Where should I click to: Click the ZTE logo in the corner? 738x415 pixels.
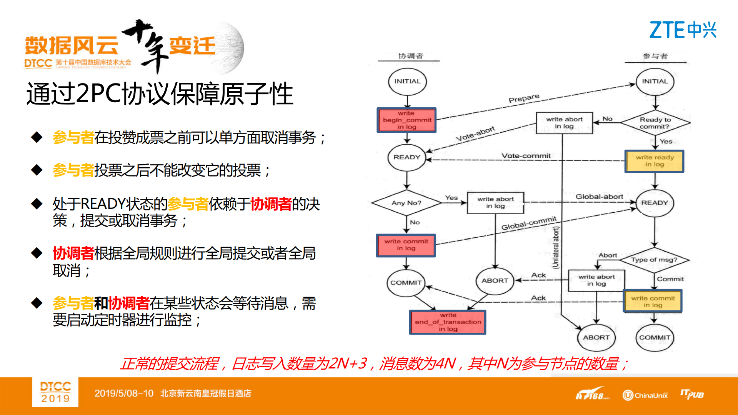tap(683, 30)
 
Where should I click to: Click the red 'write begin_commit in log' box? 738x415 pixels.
tap(406, 120)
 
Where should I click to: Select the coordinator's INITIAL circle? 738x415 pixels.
tap(407, 82)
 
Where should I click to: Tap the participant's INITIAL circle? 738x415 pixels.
tap(655, 82)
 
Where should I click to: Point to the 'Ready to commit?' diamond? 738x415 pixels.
tap(655, 123)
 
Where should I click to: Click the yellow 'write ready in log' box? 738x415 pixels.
tap(654, 161)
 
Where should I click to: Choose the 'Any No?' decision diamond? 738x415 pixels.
tap(406, 203)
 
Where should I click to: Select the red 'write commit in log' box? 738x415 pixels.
tap(406, 245)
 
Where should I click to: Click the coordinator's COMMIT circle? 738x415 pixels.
tap(406, 283)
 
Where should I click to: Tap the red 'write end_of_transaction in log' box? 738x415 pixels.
tap(448, 322)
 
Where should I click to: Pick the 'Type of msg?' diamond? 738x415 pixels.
tap(654, 260)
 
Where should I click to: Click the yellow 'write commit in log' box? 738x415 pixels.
tap(652, 301)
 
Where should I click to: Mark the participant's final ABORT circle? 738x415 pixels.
tap(596, 337)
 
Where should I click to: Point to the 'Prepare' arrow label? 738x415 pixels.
tap(524, 98)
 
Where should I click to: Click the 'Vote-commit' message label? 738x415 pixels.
tap(526, 156)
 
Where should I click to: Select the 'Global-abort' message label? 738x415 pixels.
tap(599, 197)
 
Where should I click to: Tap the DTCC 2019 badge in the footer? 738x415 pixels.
tap(55, 392)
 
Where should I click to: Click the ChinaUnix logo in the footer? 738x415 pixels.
tap(645, 395)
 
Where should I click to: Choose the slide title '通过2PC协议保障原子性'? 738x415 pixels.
tap(160, 94)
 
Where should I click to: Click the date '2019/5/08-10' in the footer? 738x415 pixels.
tap(124, 393)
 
